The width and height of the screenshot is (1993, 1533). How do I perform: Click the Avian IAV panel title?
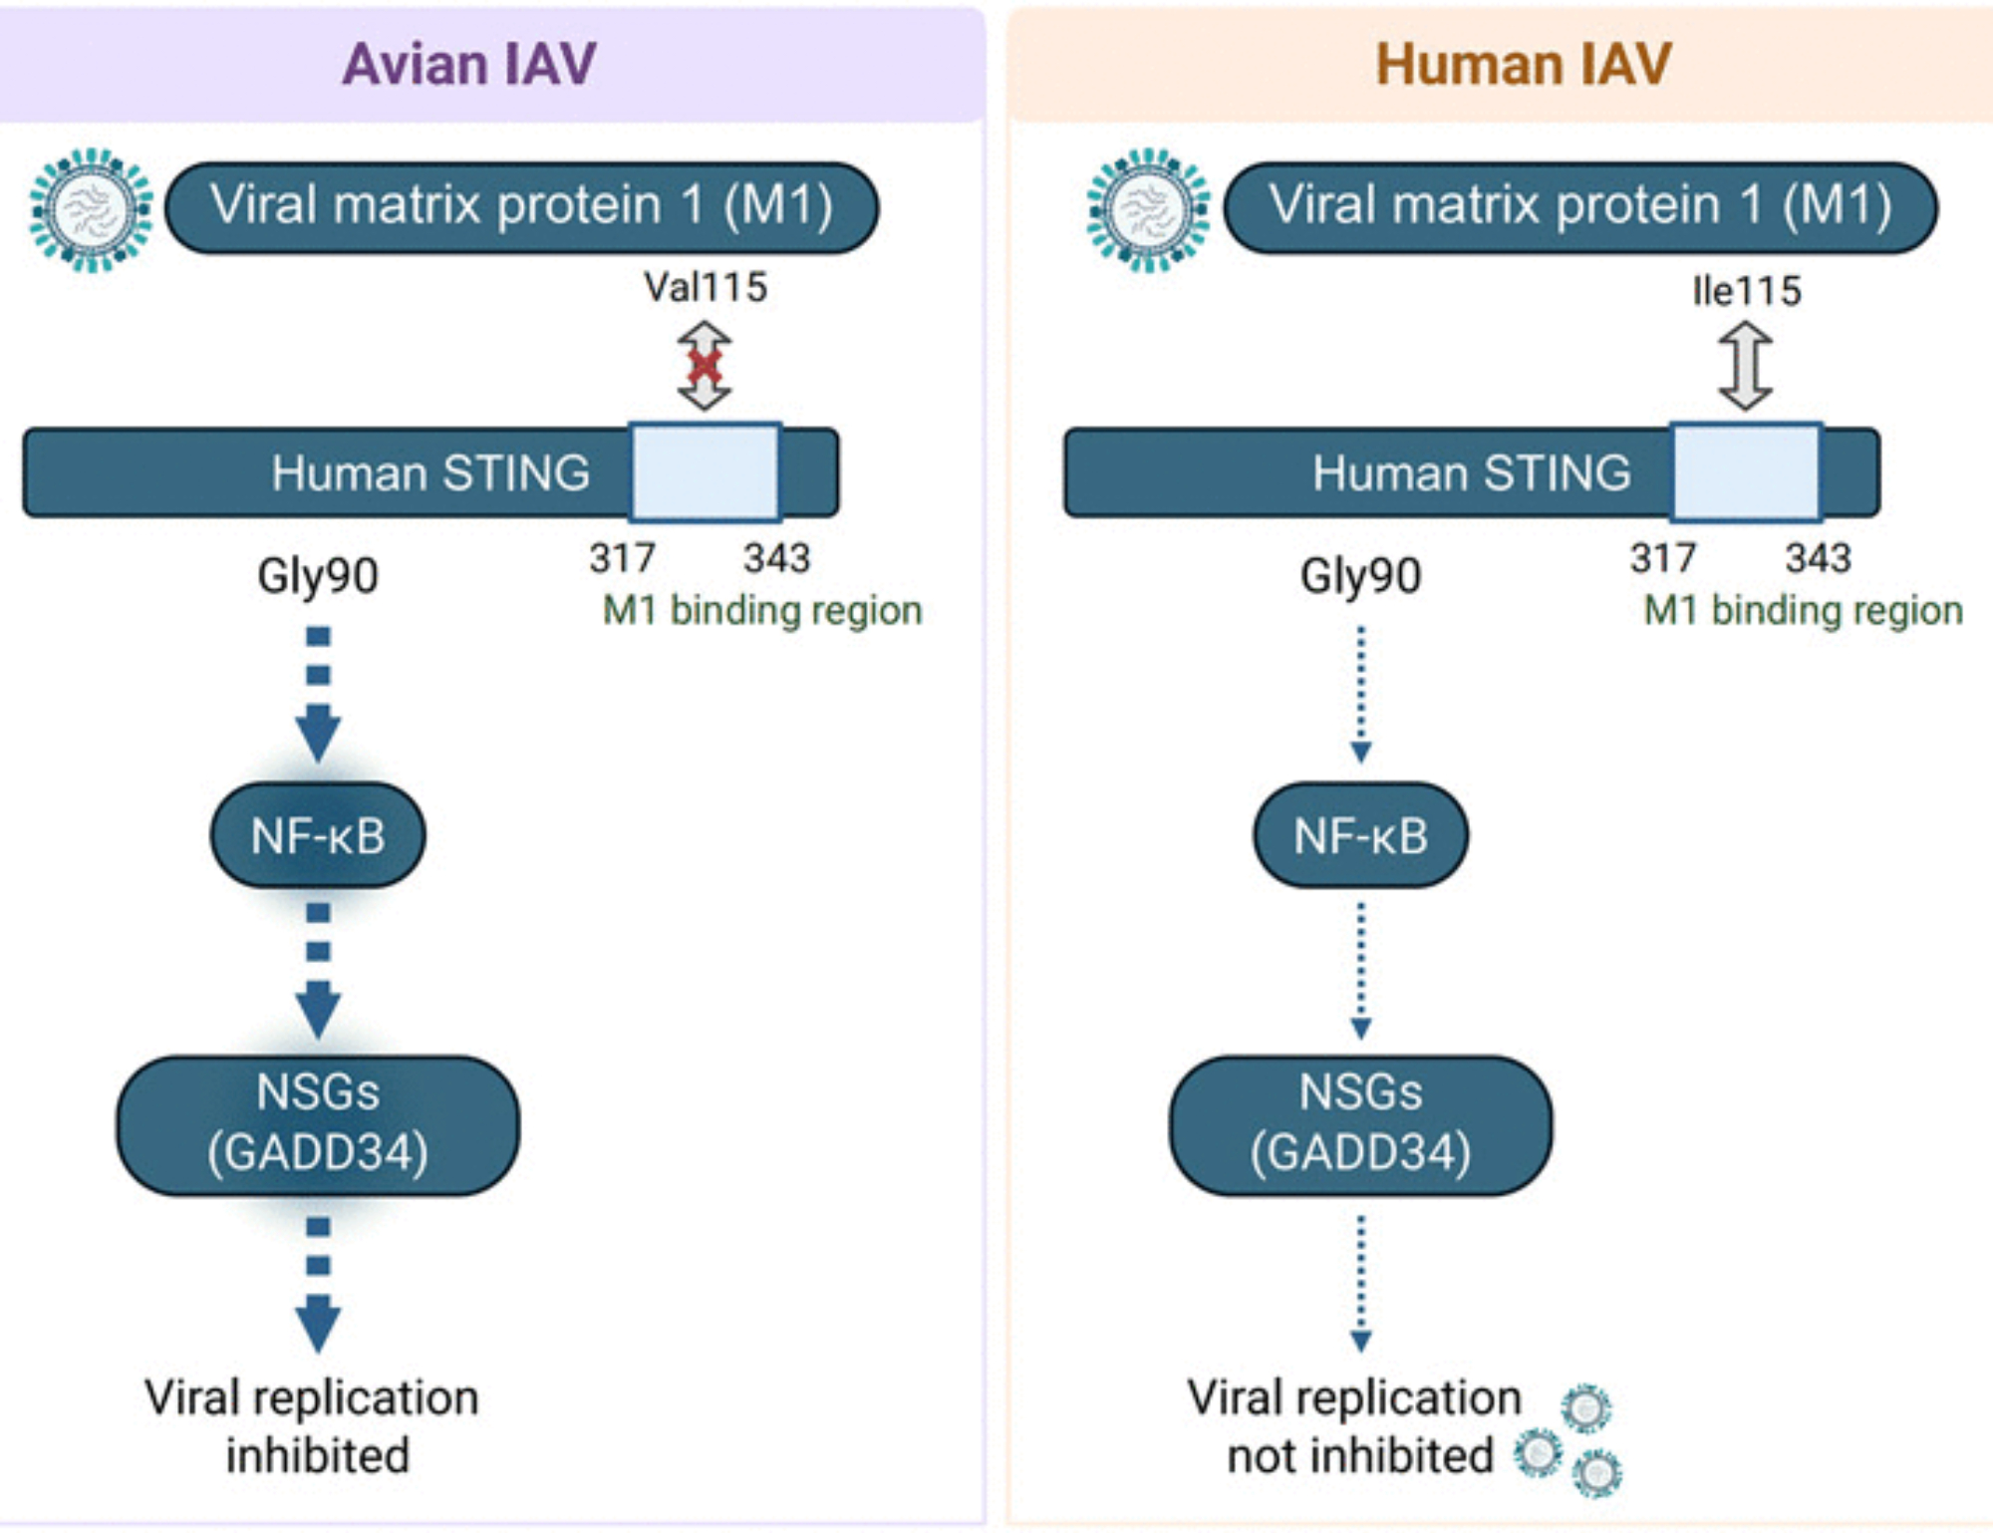coord(469,65)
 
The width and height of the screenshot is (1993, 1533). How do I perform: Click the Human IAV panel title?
coord(1523,65)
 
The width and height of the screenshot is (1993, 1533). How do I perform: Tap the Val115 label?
coord(706,287)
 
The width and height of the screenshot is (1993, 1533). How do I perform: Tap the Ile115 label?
coord(1747,290)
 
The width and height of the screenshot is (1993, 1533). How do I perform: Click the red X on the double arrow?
coord(705,366)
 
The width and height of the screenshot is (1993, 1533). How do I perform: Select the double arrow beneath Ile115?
coord(1746,366)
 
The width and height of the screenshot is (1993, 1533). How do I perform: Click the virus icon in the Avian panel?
coord(91,210)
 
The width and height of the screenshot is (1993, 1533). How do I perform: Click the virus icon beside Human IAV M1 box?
coord(1148,210)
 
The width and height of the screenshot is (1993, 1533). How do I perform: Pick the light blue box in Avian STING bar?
coord(705,472)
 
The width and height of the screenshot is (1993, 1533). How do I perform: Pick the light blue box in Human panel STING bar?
coord(1746,472)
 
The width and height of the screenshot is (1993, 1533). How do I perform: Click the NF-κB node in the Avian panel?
coord(318,835)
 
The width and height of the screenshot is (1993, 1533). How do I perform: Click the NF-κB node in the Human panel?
coord(1360,835)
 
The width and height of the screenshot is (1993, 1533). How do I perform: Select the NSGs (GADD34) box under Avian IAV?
coord(318,1124)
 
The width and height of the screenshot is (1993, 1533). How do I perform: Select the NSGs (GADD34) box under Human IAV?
coord(1360,1124)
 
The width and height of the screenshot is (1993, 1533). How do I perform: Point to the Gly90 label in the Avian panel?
coord(318,576)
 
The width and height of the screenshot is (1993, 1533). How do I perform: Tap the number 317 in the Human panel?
coord(1662,558)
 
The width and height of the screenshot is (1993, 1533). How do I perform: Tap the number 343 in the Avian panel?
coord(776,558)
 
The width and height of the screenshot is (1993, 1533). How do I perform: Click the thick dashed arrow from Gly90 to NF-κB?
coord(318,693)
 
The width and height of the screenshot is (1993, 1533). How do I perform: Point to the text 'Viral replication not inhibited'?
coord(1355,1426)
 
